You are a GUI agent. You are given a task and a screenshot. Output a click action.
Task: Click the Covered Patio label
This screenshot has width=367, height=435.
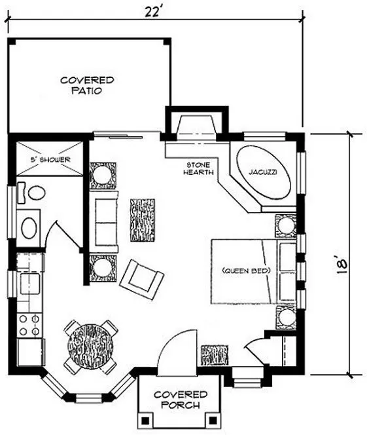[x=88, y=85]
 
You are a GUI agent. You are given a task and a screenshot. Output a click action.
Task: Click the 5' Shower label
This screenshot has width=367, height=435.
[x=49, y=159]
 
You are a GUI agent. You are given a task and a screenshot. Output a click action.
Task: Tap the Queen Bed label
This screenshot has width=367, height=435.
[x=247, y=270]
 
